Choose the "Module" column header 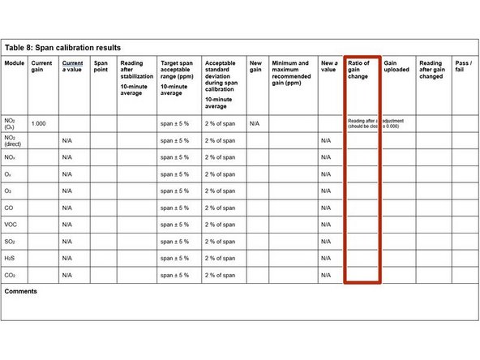pos(15,62)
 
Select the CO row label pos(10,208)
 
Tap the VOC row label pos(11,225)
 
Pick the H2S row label pos(11,259)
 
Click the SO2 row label pos(11,242)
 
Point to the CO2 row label pos(11,276)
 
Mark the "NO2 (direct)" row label pos(15,140)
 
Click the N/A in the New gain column pos(255,123)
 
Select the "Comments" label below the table pos(21,291)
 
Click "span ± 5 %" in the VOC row pos(175,225)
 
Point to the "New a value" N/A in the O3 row pos(326,191)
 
